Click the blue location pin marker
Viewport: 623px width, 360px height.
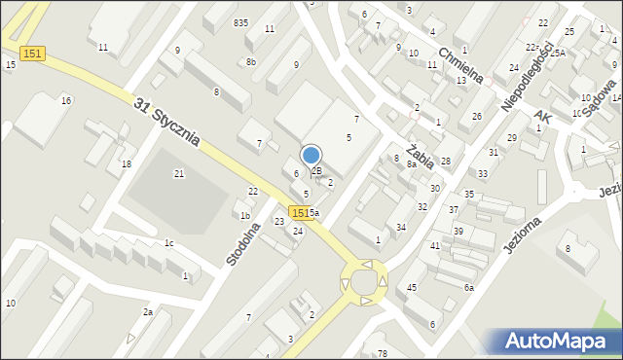click(x=311, y=156)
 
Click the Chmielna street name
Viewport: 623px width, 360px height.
click(x=460, y=66)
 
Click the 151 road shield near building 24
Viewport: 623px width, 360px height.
click(x=301, y=212)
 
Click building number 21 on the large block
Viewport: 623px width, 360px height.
click(x=179, y=173)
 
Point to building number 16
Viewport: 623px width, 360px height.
click(x=66, y=100)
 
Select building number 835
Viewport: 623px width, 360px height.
click(x=240, y=22)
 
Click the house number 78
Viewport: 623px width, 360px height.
click(x=383, y=352)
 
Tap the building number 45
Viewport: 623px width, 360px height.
click(x=412, y=287)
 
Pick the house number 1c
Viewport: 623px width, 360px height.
click(x=168, y=242)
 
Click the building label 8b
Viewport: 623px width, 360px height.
click(x=251, y=62)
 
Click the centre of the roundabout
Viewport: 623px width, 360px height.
click(x=365, y=282)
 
